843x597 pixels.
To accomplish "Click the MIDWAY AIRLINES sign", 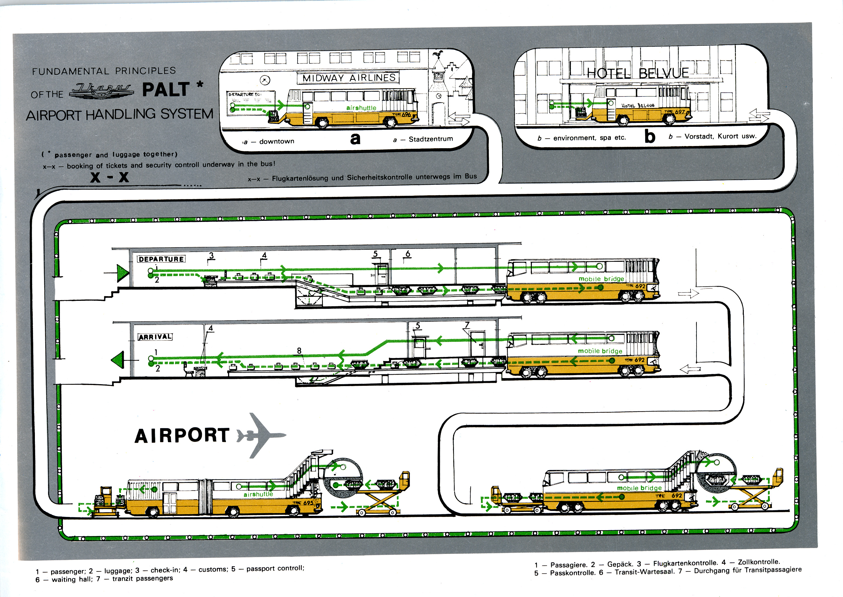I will tap(349, 78).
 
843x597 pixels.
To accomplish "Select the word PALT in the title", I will tap(166, 90).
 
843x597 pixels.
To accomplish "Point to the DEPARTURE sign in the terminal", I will tap(161, 259).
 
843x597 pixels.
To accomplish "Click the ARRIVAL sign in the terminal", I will tap(155, 337).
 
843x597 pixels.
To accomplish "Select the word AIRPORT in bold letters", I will tap(182, 436).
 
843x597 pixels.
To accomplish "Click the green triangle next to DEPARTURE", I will tap(123, 273).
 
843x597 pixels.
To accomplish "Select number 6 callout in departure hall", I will tap(407, 254).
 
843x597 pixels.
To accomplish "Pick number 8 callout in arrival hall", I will tap(299, 351).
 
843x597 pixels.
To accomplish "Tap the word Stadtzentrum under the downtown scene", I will tap(431, 139).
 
